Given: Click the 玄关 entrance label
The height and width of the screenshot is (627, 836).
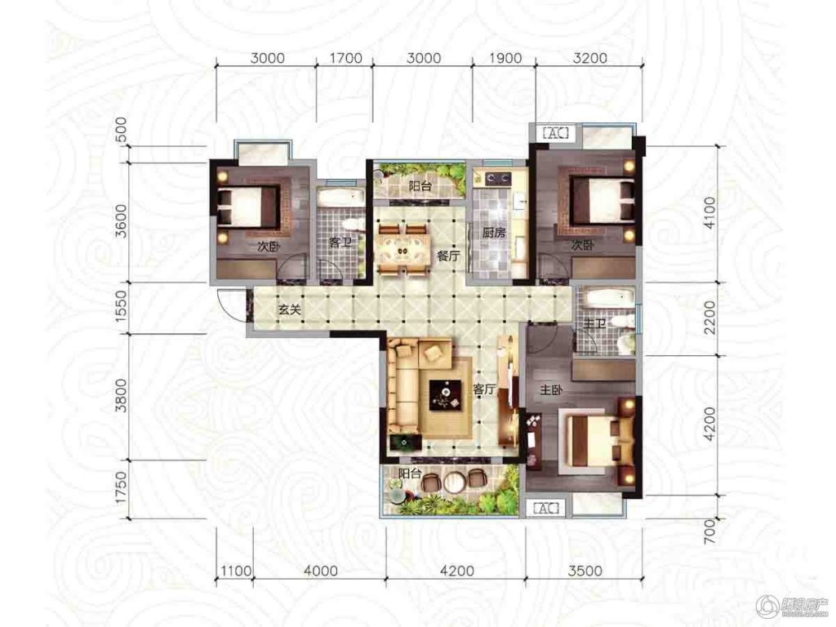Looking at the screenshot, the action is coord(290,309).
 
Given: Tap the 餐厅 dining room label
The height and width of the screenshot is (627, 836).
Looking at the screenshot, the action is coord(448,256).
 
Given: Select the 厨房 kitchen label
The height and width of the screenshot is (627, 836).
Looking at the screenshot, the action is coord(494,233).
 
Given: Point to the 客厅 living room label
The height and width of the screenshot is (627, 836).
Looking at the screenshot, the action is coord(483,389).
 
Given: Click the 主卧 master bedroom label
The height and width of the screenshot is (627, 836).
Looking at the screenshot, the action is coord(551,390).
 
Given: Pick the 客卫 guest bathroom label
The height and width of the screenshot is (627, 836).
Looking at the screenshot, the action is coord(340,242).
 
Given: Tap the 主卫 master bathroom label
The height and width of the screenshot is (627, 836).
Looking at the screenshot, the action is coord(595,323).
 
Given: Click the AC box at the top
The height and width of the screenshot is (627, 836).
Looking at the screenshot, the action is coord(556,132).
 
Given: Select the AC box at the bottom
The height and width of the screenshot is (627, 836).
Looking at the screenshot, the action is coord(546,508).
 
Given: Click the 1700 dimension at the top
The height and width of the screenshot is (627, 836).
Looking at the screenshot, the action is coord(345,58).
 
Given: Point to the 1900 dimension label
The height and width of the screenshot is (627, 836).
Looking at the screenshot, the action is coord(505,58).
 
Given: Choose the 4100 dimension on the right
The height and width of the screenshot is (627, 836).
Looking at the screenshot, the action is coord(709,212).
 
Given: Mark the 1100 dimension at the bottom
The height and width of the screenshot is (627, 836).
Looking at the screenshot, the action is coord(236,571).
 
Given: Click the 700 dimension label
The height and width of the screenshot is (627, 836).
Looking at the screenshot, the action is coord(709,532).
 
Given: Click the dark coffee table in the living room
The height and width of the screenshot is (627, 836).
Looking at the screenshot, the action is coord(446,394).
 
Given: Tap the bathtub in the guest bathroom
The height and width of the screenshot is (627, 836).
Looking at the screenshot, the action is coord(341,196).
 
